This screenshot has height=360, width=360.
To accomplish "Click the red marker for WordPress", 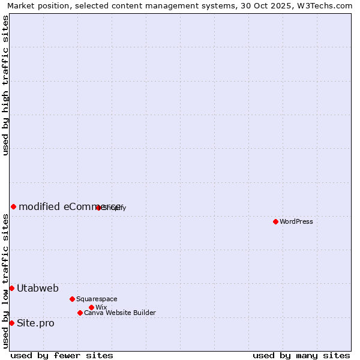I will pos(275,221).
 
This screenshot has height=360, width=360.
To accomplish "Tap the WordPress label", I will pos(296,221).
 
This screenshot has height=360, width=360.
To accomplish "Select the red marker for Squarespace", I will pos(72,299).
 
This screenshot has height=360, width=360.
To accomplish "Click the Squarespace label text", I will pos(97,299).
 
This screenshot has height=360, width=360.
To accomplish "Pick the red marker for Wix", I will pos(91,307).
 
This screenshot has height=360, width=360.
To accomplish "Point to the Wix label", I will pos(101,307).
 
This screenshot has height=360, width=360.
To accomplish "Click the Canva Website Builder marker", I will pos(80,313).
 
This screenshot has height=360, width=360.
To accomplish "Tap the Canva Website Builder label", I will pos(119,313).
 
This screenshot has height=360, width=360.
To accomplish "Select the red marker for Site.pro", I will pos(11,323).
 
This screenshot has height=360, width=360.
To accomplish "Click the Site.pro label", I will pos(35,323).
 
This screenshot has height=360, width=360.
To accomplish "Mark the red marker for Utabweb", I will pos(11,288).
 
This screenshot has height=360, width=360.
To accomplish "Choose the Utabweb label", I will pos(38,289).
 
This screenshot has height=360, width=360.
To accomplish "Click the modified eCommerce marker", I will pos(13,206).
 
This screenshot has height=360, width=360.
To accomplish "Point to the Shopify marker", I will pos(98,208).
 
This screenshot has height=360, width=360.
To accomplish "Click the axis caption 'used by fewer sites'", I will pos(62,355).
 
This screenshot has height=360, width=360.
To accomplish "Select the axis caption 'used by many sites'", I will pos(301,355).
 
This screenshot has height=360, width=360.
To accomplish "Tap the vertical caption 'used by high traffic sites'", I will pos(5,85).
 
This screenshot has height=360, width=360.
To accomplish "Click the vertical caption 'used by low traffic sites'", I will pos(5,281).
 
